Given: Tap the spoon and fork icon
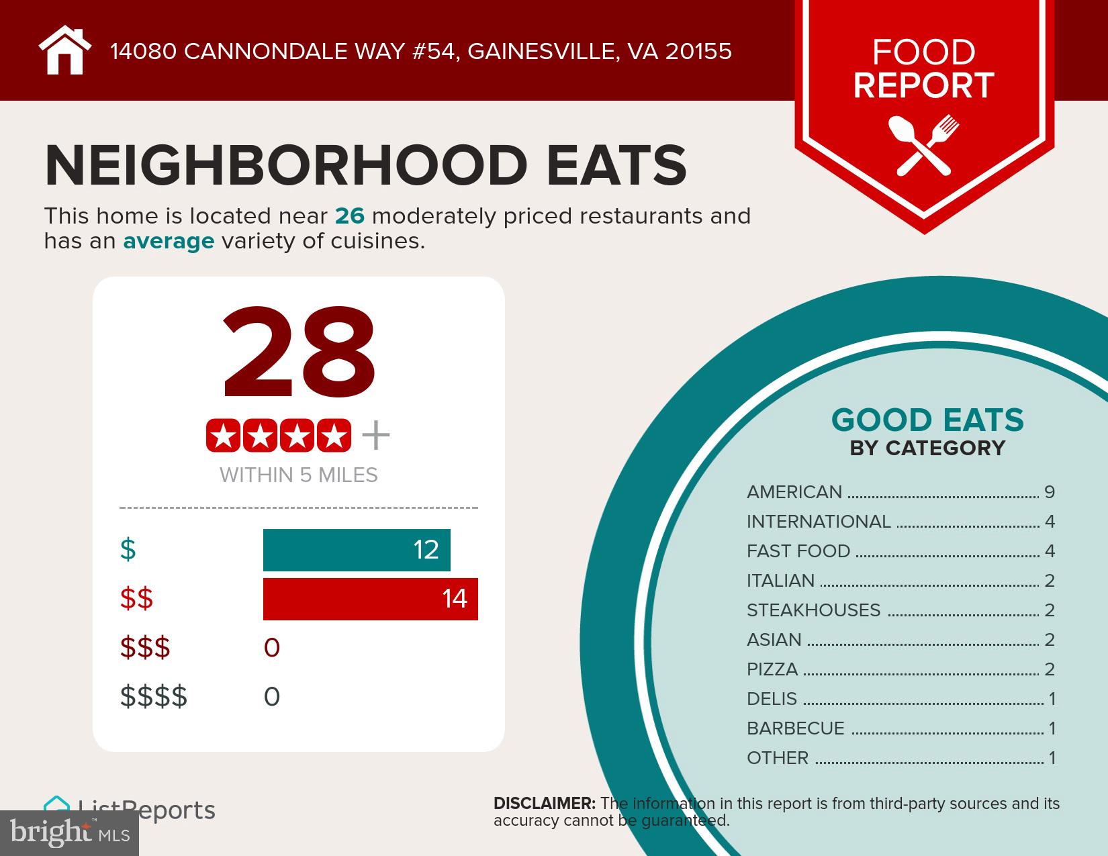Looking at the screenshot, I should [924, 144].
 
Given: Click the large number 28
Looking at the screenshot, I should [299, 354].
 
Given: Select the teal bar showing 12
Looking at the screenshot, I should [356, 550].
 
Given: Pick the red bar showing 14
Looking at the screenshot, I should [370, 599].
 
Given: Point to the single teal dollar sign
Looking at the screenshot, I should [128, 550].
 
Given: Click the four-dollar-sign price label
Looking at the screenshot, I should [154, 697].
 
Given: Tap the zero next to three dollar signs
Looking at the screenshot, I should [272, 648].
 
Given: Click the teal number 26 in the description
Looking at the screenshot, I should [349, 216].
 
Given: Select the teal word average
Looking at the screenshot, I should [169, 241].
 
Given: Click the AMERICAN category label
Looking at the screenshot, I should [794, 492].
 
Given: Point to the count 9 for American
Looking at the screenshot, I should [1050, 492].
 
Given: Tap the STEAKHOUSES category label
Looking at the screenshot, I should [813, 610].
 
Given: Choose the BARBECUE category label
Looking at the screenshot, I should [795, 728].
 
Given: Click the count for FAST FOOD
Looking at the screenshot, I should [1050, 551].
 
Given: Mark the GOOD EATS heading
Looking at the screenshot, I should [927, 421].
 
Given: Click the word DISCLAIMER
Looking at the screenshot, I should [544, 804].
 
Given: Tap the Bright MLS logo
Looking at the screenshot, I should [69, 833].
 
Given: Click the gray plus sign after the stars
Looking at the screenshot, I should [375, 436].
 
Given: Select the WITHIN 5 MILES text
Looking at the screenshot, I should [299, 475].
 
